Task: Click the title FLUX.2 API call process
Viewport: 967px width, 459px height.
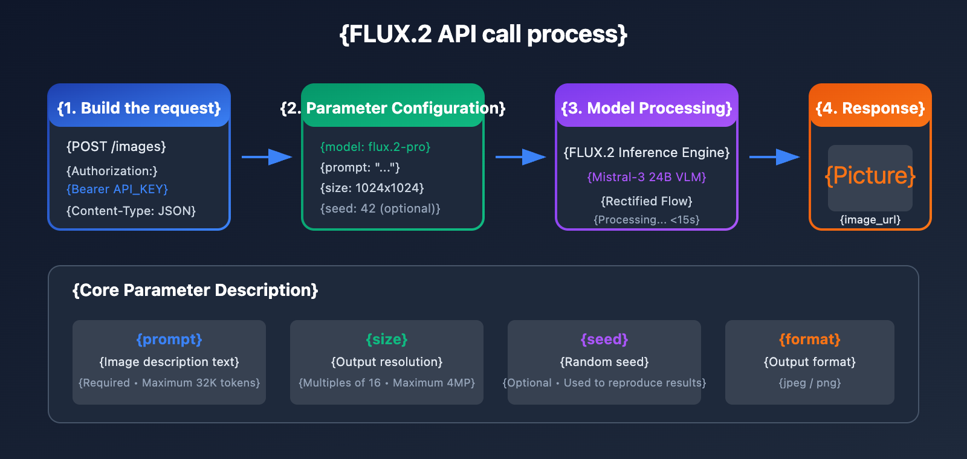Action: [x=483, y=34]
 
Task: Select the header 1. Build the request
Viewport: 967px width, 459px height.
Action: [x=139, y=108]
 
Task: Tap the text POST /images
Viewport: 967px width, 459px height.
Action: [x=116, y=147]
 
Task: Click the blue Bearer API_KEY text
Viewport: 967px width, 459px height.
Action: [x=117, y=189]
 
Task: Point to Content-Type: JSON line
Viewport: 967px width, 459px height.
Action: [x=131, y=211]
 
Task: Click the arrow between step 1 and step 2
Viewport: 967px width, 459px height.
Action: [x=267, y=157]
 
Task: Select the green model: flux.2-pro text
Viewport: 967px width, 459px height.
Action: [x=375, y=147]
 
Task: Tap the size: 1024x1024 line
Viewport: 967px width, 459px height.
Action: [x=372, y=188]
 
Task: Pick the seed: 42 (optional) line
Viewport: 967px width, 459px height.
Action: [x=380, y=208]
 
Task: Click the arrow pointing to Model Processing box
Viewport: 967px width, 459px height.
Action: [x=520, y=157]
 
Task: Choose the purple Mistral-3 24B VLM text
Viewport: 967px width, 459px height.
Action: [x=647, y=177]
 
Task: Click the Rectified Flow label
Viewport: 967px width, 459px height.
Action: [x=647, y=201]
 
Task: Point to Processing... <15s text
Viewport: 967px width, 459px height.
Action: [x=647, y=220]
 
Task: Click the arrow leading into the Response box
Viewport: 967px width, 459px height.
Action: [x=774, y=157]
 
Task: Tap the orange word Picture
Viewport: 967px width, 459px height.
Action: [x=870, y=176]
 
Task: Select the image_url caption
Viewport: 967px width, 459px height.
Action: [x=870, y=220]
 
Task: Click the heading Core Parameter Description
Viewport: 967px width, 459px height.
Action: [x=195, y=290]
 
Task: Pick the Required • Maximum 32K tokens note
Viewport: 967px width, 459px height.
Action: [x=169, y=383]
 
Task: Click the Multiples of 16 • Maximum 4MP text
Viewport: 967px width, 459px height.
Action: [x=387, y=383]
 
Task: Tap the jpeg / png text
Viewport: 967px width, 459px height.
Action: [x=810, y=383]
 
